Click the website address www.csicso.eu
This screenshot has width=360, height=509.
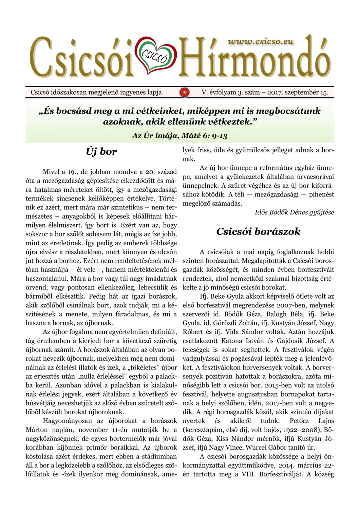click(261, 41)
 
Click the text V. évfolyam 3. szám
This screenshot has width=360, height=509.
click(230, 92)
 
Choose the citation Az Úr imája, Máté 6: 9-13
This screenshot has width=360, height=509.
click(180, 136)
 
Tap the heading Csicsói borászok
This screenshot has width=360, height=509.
click(258, 231)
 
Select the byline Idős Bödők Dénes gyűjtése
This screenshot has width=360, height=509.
click(294, 212)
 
